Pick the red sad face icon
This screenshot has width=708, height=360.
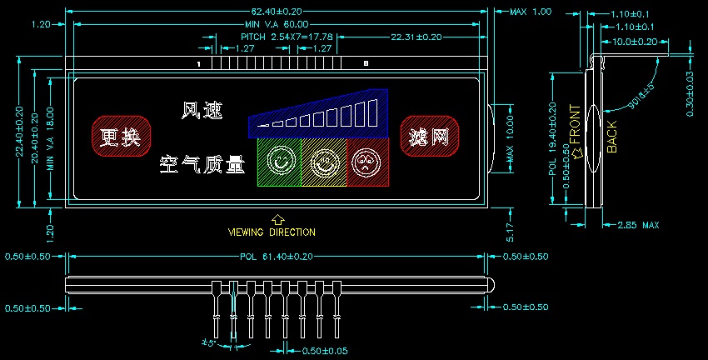point(366,161)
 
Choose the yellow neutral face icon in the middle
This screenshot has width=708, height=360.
point(322,161)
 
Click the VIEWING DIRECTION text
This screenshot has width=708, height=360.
point(272,232)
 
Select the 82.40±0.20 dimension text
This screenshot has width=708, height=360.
point(277,12)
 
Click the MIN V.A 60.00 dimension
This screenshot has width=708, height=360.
point(277,25)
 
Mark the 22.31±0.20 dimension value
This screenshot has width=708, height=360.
point(416,37)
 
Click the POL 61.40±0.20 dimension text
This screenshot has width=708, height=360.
point(276,257)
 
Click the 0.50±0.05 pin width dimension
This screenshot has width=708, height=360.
point(324,349)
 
